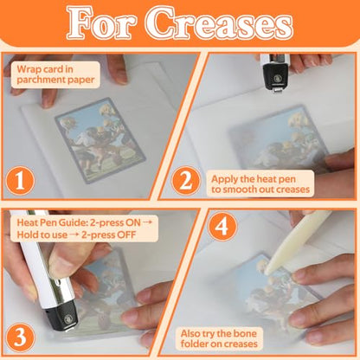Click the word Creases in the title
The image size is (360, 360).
220,22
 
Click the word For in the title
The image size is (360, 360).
101,22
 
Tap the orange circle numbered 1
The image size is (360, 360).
20,181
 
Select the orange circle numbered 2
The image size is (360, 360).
186,181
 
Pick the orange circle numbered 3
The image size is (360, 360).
20,337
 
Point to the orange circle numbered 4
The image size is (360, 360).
222,227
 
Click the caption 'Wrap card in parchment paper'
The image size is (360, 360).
55,74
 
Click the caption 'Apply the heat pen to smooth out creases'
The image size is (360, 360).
260,184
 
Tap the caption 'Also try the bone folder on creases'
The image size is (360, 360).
219,338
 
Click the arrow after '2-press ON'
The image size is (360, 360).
147,222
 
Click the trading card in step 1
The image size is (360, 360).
100,140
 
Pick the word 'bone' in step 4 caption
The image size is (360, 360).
245,333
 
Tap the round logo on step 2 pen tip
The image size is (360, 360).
277,78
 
